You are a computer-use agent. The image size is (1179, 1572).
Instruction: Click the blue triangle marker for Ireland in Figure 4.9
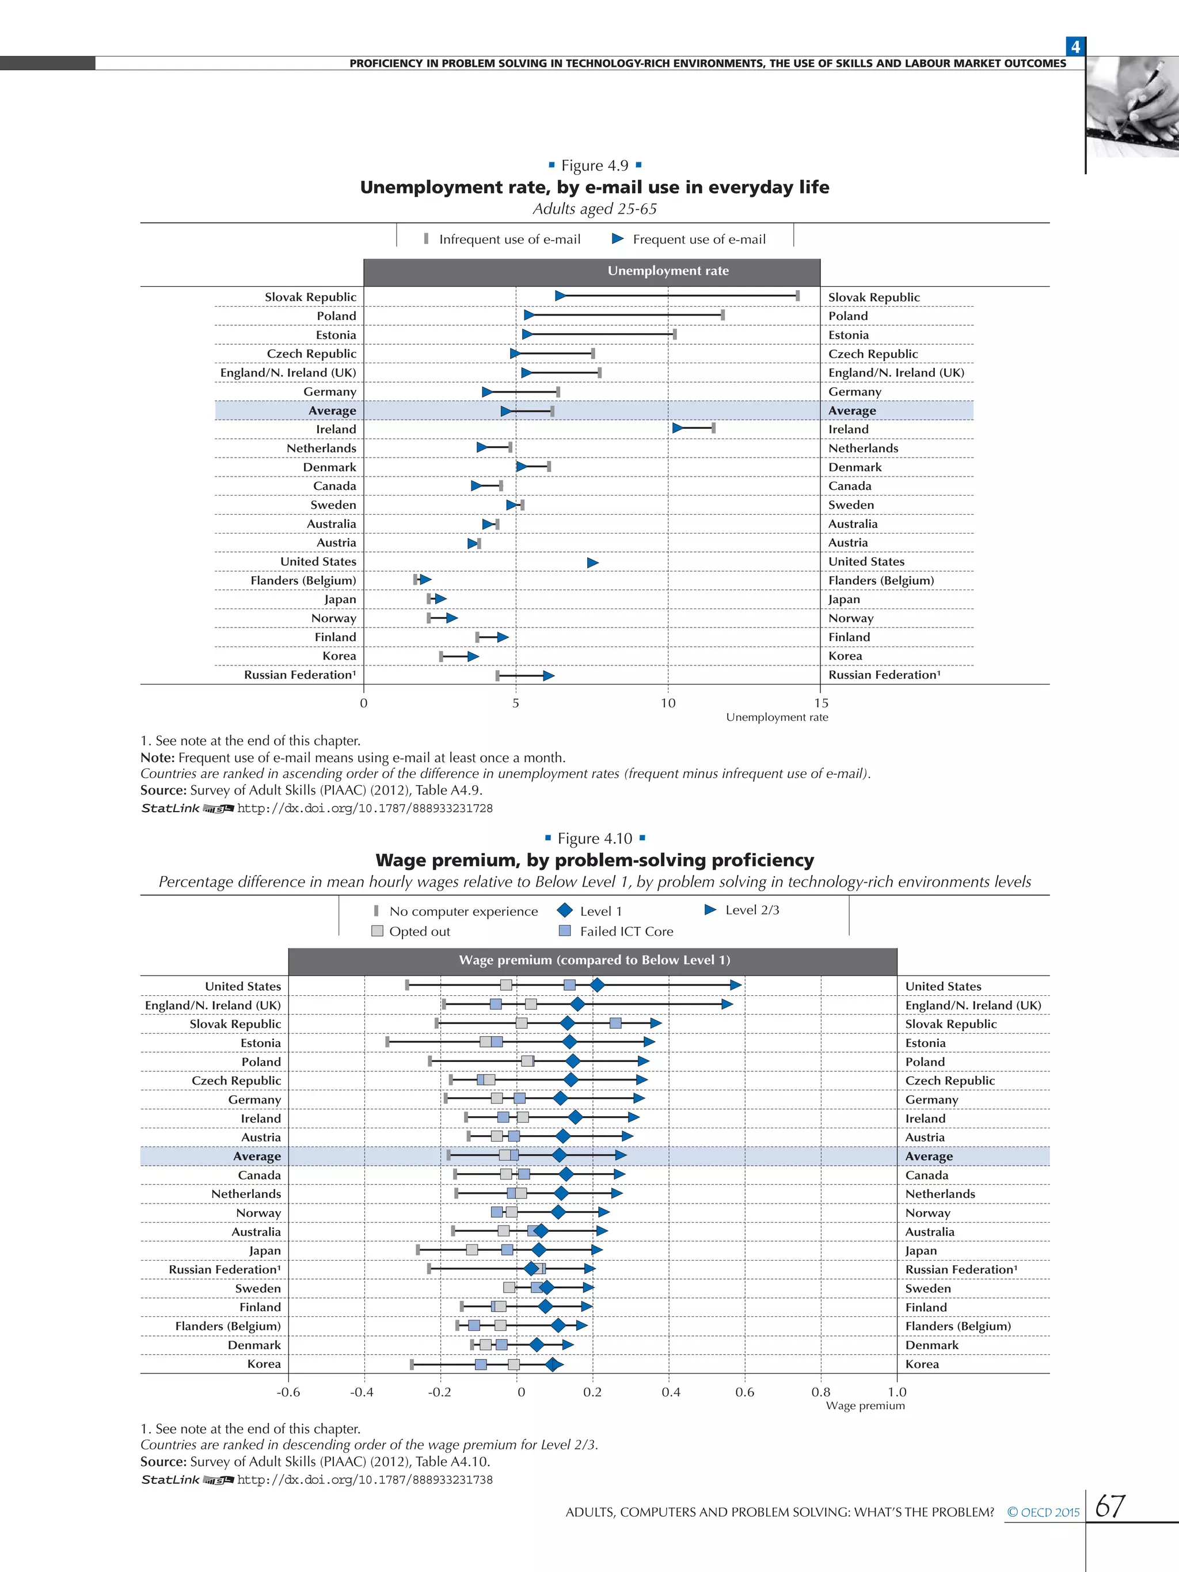point(677,428)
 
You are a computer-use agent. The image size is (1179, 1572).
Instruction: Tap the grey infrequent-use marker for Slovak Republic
point(797,296)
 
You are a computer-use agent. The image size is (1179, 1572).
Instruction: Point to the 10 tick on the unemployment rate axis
point(667,703)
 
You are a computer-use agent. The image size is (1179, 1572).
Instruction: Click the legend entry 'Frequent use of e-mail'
point(689,239)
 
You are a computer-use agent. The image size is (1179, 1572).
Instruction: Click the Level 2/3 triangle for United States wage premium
point(736,984)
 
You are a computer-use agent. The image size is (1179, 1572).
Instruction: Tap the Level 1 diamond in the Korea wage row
point(552,1364)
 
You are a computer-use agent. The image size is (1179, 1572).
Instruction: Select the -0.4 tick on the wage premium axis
point(362,1391)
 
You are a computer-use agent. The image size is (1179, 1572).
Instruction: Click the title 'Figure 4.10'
point(595,839)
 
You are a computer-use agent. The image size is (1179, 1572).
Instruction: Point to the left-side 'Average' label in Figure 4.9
point(332,411)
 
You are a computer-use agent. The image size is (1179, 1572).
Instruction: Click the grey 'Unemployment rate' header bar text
point(667,271)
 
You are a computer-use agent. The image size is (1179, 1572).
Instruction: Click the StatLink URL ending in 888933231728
point(364,808)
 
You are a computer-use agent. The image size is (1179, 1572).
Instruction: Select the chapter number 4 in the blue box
point(1075,47)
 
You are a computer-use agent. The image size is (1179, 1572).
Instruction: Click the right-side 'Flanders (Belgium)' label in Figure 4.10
point(957,1326)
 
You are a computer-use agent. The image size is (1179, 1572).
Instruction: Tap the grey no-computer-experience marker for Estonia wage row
point(387,1042)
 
